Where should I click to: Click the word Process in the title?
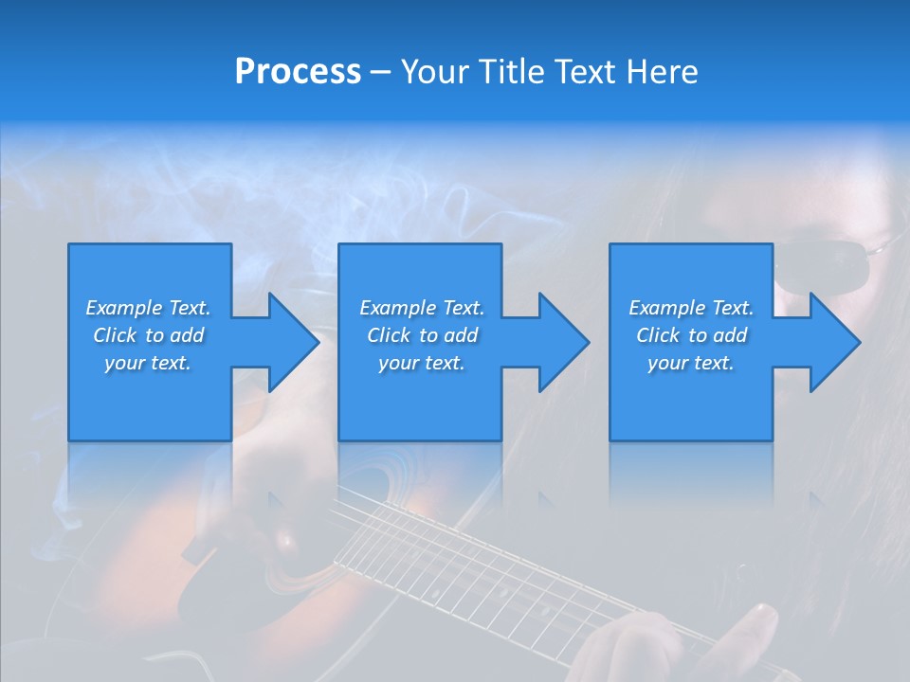coord(298,72)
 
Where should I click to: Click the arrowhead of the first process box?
coord(294,342)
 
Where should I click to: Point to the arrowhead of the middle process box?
coord(564,342)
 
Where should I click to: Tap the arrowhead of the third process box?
coord(835,342)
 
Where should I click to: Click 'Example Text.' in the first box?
coord(148,308)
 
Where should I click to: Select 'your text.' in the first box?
coord(148,363)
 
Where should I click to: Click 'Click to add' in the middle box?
coord(422,335)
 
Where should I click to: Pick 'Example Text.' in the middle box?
coord(422,308)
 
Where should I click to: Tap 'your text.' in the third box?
coord(691,363)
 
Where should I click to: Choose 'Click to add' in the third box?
coord(691,335)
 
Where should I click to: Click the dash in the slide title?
coord(380,72)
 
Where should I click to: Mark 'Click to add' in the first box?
coord(148,335)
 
